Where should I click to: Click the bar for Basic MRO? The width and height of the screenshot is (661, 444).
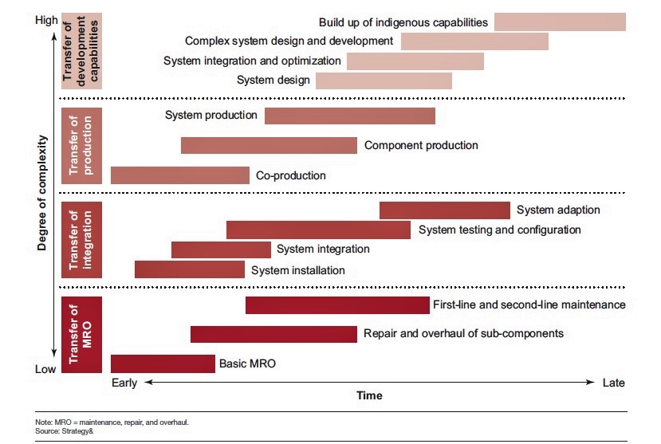point(163,363)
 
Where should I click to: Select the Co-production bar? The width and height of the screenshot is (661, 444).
point(179,175)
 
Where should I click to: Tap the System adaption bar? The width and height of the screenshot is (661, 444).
point(444,210)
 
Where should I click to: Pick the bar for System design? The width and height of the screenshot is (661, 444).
point(384,81)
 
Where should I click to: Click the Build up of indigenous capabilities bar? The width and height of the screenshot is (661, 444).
point(560,22)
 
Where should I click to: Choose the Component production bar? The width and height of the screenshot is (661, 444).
point(269,145)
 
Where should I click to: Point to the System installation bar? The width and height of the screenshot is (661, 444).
point(189,269)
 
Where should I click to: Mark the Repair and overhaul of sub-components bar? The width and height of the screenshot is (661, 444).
point(273,334)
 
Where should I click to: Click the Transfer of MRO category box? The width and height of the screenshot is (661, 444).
point(81,334)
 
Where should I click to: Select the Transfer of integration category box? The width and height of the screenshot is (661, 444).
point(81,240)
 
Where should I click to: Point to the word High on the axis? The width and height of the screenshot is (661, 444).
point(46,21)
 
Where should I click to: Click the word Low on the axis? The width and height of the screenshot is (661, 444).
point(45,369)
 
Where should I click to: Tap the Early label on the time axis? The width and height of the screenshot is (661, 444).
point(124,383)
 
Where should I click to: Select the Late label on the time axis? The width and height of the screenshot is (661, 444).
point(613,383)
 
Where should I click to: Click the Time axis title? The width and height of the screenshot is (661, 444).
point(368,395)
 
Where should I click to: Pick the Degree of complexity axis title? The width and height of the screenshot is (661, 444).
point(42,194)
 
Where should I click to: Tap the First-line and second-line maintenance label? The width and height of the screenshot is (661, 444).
point(529,305)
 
